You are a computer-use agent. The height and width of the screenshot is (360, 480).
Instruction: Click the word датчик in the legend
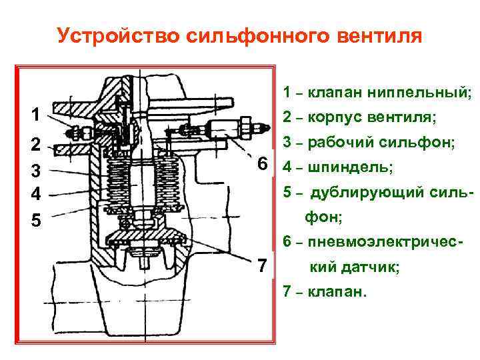[x=371, y=268]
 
